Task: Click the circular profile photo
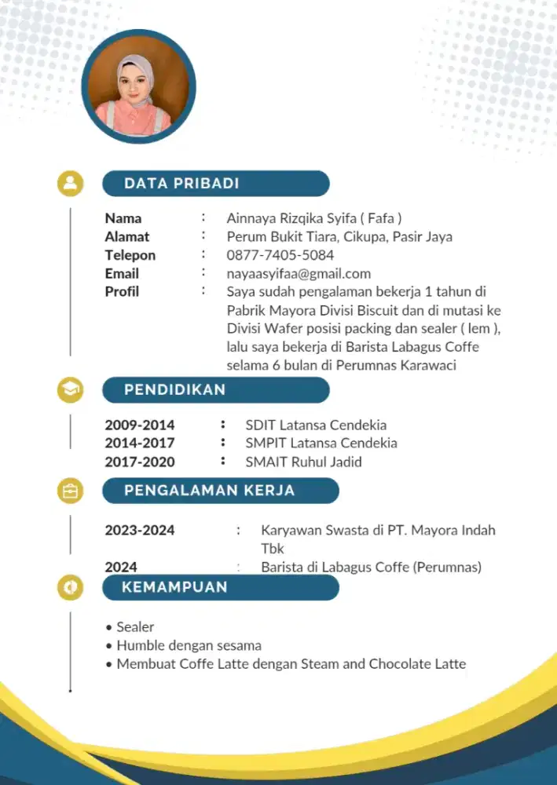tap(138, 86)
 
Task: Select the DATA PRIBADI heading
tap(181, 184)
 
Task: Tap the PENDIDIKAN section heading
tap(175, 389)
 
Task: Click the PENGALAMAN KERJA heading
tap(209, 491)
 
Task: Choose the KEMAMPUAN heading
tap(174, 587)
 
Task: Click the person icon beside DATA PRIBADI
tap(71, 184)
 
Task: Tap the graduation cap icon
tap(71, 389)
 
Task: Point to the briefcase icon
tap(71, 491)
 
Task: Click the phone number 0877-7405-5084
tap(280, 255)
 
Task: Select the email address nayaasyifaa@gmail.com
tap(299, 274)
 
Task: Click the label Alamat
tap(127, 236)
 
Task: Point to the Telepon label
tap(130, 255)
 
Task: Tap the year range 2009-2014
tap(140, 425)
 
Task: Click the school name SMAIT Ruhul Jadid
tap(303, 462)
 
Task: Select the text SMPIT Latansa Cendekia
tap(321, 444)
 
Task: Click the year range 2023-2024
tap(140, 530)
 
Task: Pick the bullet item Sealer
tap(134, 627)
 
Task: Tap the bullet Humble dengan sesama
tap(189, 645)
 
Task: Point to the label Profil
tap(122, 291)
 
